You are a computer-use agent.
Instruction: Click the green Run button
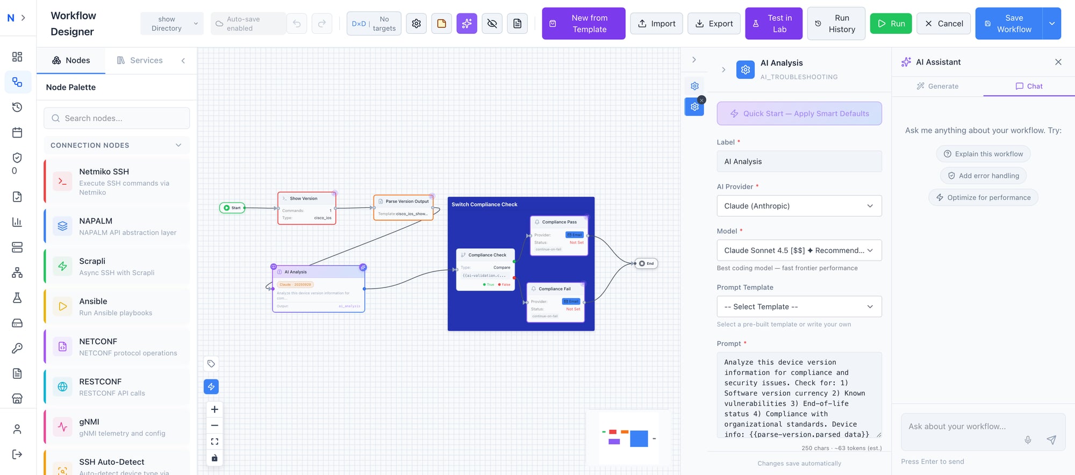click(891, 24)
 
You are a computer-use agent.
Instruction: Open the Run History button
click(836, 24)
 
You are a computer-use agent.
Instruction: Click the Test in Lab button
click(773, 24)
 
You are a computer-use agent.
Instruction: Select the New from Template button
click(583, 24)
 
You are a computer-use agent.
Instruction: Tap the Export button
click(714, 24)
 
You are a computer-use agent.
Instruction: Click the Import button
click(656, 24)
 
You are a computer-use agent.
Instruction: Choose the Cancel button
click(943, 24)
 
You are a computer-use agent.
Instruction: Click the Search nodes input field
click(117, 118)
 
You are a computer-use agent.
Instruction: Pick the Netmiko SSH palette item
click(117, 182)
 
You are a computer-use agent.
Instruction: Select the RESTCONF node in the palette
click(117, 387)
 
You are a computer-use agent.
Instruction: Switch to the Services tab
click(140, 60)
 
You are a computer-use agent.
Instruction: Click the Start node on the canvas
click(232, 208)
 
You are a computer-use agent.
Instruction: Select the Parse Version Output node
click(404, 207)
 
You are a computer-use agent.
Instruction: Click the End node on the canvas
click(646, 263)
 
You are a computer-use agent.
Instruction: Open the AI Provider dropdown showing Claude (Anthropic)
click(799, 206)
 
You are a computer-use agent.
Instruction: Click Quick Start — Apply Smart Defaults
click(799, 113)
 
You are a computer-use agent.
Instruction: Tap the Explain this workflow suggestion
click(983, 154)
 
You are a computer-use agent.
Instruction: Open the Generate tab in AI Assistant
click(937, 86)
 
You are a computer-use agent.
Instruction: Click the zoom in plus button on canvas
click(214, 409)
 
